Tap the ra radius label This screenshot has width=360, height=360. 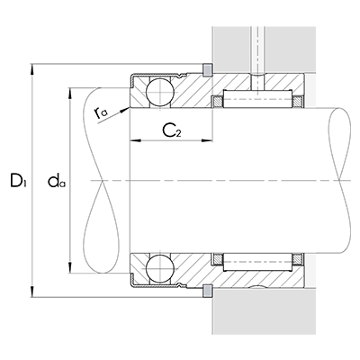pos(99,113)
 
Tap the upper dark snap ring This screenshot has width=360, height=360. pos(208,70)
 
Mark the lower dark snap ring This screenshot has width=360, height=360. pos(208,290)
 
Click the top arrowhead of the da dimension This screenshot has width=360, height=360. pos(71,91)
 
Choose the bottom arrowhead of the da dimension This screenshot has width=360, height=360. pos(71,269)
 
